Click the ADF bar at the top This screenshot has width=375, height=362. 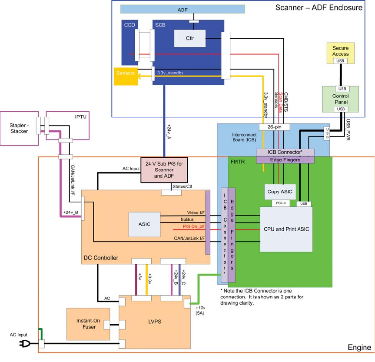[183, 9]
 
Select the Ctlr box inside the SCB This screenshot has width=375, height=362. [189, 38]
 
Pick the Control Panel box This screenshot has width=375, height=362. [340, 99]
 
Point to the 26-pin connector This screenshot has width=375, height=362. [274, 127]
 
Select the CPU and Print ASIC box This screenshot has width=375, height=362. [286, 229]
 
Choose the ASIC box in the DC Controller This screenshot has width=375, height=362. [144, 224]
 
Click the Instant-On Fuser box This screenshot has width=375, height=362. [88, 324]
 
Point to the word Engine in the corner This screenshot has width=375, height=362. [359, 348]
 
